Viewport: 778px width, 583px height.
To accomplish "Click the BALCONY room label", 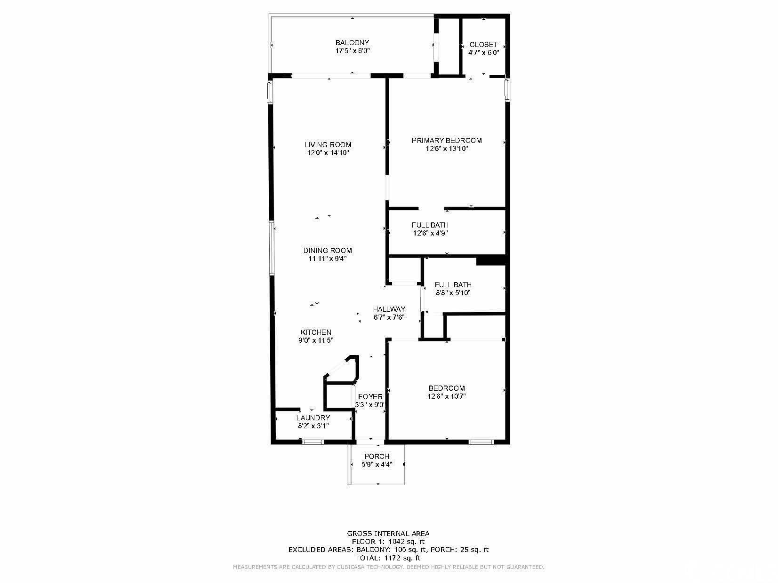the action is click(353, 43).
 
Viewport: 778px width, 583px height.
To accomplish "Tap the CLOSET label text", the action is click(483, 45).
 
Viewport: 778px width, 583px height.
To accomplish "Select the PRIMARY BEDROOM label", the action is click(447, 141).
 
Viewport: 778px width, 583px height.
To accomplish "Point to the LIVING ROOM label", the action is click(328, 145).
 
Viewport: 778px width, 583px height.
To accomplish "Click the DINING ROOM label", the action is click(328, 251).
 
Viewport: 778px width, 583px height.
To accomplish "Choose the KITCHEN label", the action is click(316, 332).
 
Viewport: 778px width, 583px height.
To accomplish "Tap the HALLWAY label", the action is click(389, 309).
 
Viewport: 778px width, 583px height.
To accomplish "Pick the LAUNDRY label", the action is click(313, 418).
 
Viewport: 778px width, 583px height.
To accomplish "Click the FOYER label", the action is click(370, 397).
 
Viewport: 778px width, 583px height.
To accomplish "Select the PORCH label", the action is click(377, 456).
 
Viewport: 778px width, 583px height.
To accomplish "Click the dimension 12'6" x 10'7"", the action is click(447, 396).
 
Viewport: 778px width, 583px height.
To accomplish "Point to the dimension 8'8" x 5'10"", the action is click(453, 293).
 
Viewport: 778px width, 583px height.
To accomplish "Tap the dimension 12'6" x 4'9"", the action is click(430, 233).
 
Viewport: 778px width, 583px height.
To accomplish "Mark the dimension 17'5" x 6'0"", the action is click(353, 51).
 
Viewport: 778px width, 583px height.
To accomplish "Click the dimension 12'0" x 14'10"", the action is click(328, 153).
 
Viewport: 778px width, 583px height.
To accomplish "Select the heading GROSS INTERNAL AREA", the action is click(388, 534).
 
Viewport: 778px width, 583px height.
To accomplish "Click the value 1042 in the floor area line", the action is click(397, 542).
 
